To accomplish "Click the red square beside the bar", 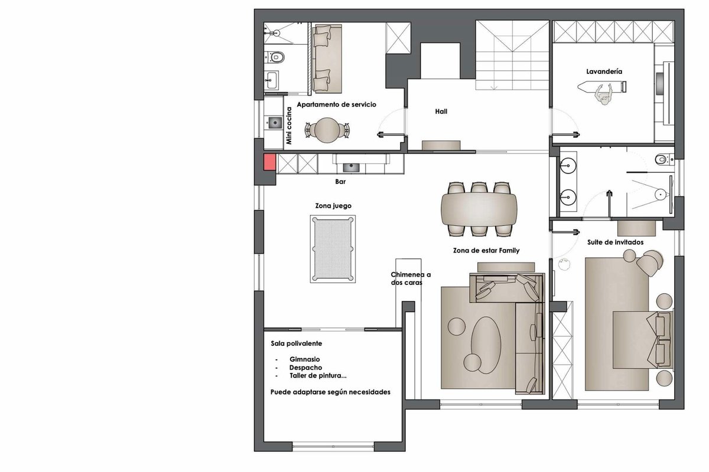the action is pyautogui.click(x=269, y=162).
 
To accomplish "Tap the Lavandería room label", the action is pyautogui.click(x=604, y=72).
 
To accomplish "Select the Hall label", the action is pyautogui.click(x=441, y=112).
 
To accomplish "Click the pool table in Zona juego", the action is pyautogui.click(x=333, y=249).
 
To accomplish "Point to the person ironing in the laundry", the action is pyautogui.click(x=604, y=94).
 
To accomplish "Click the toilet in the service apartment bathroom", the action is pyautogui.click(x=275, y=57).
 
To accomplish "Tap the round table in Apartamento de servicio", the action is pyautogui.click(x=327, y=130).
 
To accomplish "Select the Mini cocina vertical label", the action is pyautogui.click(x=289, y=126).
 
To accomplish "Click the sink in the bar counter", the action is pyautogui.click(x=351, y=167).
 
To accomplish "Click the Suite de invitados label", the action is pyautogui.click(x=615, y=242).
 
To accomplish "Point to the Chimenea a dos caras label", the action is pyautogui.click(x=411, y=278).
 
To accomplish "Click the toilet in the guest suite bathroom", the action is pyautogui.click(x=664, y=160).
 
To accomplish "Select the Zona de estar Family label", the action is pyautogui.click(x=486, y=251).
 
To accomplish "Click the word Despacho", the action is pyautogui.click(x=305, y=368).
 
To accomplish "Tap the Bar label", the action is pyautogui.click(x=340, y=182).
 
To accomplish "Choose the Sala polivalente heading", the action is pyautogui.click(x=296, y=343).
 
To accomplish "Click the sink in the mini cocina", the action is pyautogui.click(x=275, y=123).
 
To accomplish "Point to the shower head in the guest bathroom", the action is pyautogui.click(x=661, y=194).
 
